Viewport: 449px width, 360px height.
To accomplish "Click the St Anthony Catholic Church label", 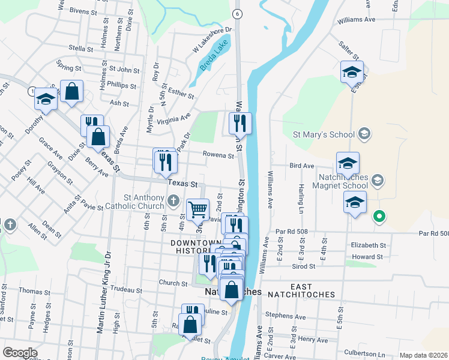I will point(143,202).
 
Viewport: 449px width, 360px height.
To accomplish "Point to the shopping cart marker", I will point(197,210).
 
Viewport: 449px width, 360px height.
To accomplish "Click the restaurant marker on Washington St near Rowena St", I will point(240,124).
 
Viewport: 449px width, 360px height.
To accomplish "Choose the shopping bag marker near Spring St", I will point(71,92).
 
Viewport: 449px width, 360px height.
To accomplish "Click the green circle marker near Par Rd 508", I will point(379,216).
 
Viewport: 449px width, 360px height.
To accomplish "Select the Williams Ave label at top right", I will point(356,20).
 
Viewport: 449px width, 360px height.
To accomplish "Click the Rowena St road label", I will point(218,155).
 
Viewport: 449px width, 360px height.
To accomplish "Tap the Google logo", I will point(20,352).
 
